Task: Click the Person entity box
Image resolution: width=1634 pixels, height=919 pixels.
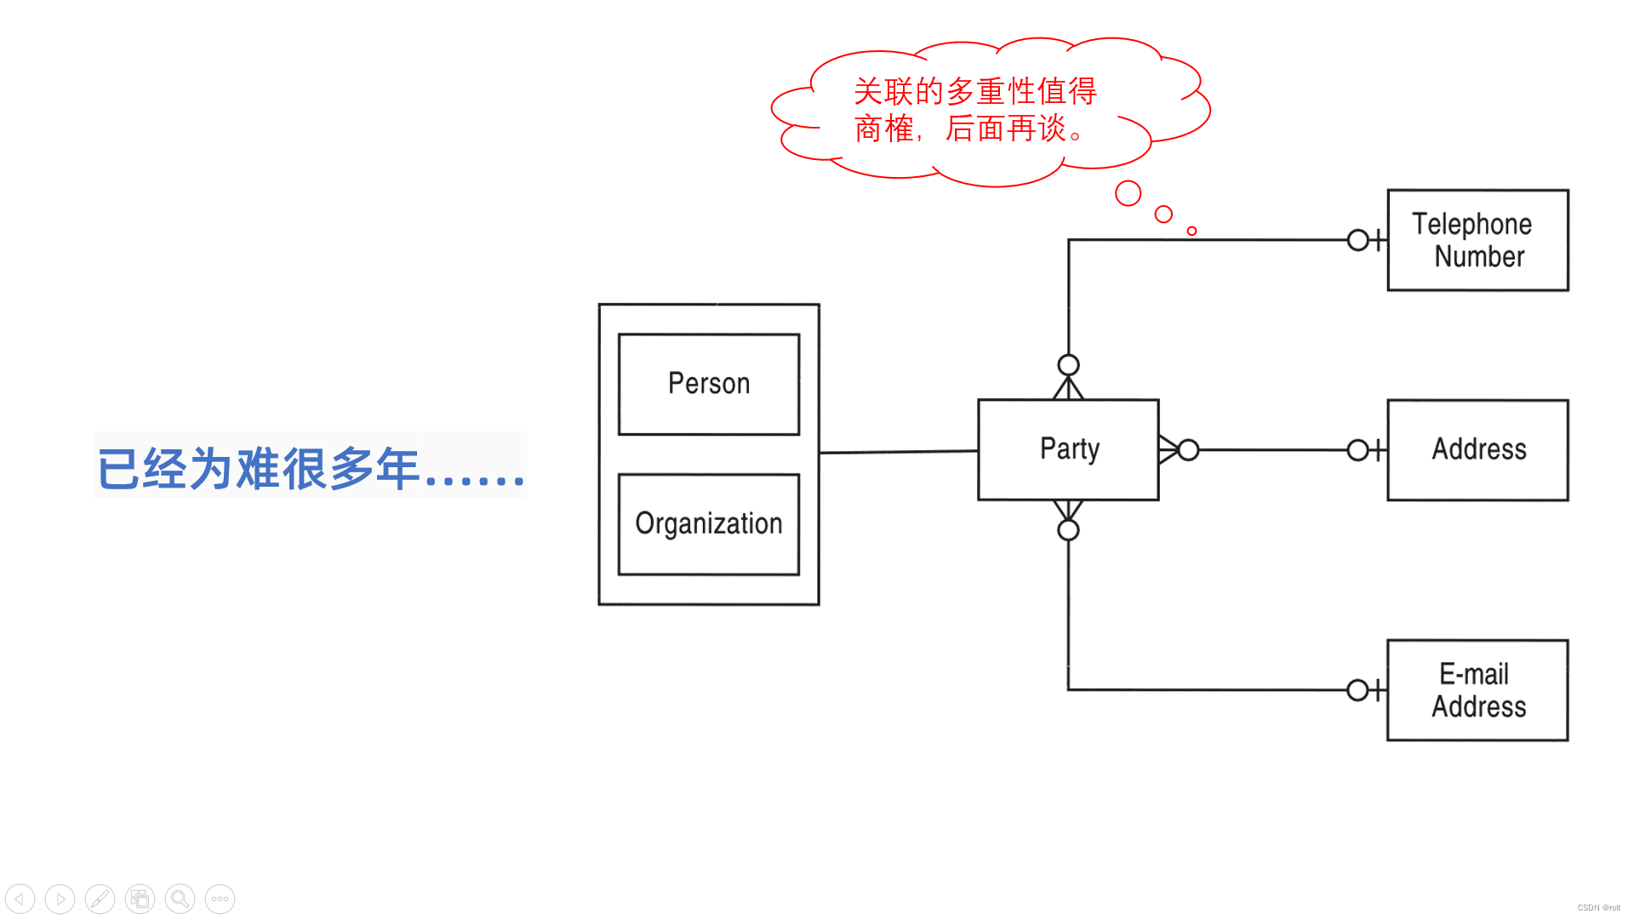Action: pyautogui.click(x=709, y=385)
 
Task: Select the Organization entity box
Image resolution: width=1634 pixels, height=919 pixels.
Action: pyautogui.click(x=709, y=524)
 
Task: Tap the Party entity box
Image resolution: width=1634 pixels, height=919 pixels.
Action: pyautogui.click(x=1068, y=449)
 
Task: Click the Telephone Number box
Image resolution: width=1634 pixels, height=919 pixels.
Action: pyautogui.click(x=1477, y=240)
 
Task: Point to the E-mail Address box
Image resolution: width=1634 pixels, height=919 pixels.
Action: pyautogui.click(x=1477, y=690)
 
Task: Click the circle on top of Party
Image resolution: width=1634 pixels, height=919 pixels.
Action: pyautogui.click(x=1068, y=365)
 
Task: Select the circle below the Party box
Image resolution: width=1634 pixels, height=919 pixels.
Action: pyautogui.click(x=1068, y=530)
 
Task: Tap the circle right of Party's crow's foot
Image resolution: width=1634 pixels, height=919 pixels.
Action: pyautogui.click(x=1189, y=449)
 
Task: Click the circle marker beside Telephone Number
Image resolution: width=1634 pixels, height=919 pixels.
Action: pyautogui.click(x=1357, y=240)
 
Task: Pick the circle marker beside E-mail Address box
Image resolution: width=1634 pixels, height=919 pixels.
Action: pyautogui.click(x=1357, y=690)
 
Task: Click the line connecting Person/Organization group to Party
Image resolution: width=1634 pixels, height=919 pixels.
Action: pyautogui.click(x=898, y=452)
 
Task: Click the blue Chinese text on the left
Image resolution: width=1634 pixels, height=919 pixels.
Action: pyautogui.click(x=311, y=467)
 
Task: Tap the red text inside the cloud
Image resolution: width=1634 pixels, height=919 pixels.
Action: pyautogui.click(x=974, y=110)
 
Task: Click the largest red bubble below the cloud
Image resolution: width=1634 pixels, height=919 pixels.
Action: pyautogui.click(x=1128, y=193)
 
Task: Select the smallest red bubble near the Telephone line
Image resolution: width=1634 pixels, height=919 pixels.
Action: pyautogui.click(x=1191, y=231)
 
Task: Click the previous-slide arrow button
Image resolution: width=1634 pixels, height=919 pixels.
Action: pyautogui.click(x=20, y=899)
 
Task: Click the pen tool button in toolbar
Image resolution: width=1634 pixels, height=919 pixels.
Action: pyautogui.click(x=100, y=899)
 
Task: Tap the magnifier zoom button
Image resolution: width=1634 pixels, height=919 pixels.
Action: pyautogui.click(x=180, y=899)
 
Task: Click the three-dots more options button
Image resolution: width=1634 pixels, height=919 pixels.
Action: pyautogui.click(x=220, y=899)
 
